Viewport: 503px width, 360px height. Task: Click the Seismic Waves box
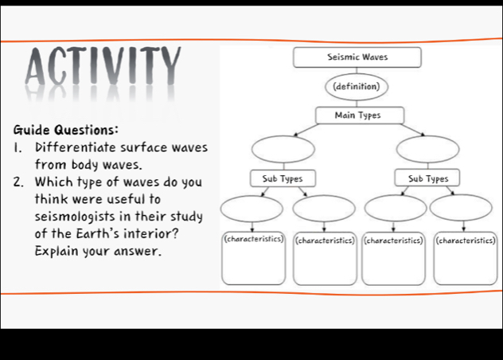(357, 57)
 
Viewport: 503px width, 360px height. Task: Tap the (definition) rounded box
(357, 85)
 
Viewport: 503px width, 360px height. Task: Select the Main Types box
(357, 115)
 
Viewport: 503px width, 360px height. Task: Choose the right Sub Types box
(427, 178)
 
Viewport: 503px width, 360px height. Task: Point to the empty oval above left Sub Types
(283, 148)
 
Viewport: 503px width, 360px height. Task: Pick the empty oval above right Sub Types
(427, 148)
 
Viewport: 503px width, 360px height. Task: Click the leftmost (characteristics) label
(253, 238)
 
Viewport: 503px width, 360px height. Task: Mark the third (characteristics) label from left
(394, 239)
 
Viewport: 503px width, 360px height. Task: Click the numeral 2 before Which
(18, 182)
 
